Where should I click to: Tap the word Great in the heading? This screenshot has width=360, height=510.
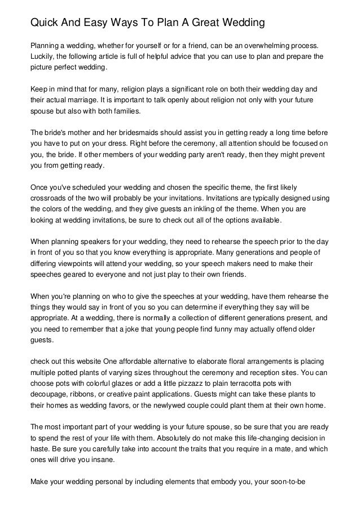[x=208, y=23]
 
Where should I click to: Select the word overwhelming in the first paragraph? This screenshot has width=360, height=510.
[x=262, y=45]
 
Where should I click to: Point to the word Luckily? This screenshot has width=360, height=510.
[x=42, y=57]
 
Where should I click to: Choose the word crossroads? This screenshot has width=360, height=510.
[x=51, y=198]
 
